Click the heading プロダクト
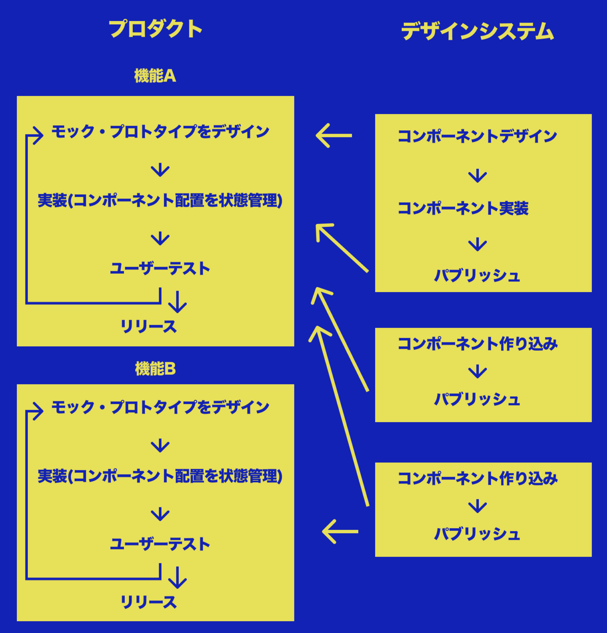[x=155, y=29]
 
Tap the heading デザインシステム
[x=477, y=32]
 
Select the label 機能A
[x=155, y=76]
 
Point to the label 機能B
[x=155, y=369]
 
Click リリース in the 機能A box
[x=148, y=326]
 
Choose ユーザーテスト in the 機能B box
[x=160, y=544]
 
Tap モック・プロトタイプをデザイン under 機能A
[x=160, y=132]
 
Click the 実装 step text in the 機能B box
[x=160, y=476]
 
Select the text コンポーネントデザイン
[x=477, y=136]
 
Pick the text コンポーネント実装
[x=463, y=208]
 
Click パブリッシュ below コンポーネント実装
[x=477, y=276]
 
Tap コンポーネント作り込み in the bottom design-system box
[x=477, y=479]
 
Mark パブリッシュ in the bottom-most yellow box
[x=477, y=534]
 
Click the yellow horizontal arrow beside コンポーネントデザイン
[x=334, y=136]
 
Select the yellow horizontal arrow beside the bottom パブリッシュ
[x=340, y=531]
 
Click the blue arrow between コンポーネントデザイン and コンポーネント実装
[x=477, y=176]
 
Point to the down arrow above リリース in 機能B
[x=177, y=578]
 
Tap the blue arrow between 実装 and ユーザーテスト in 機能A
[x=160, y=238]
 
